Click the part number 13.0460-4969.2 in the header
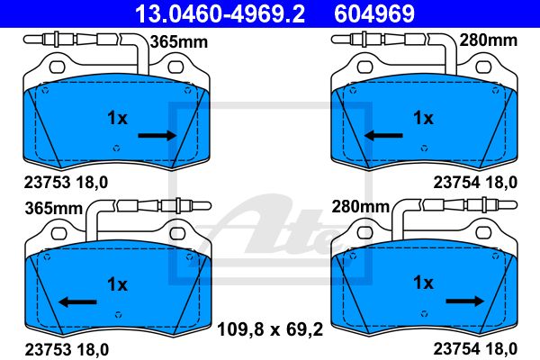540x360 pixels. click(220, 13)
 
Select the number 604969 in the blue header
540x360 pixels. click(374, 13)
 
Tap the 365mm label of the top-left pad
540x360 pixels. click(179, 42)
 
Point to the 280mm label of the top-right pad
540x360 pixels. click(489, 40)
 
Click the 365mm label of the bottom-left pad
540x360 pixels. click(54, 209)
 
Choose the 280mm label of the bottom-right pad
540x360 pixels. click(361, 207)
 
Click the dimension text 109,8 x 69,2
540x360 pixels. click(270, 329)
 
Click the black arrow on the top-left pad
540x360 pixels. click(157, 135)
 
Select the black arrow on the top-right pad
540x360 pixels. click(383, 135)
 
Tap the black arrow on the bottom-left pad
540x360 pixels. click(77, 302)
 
